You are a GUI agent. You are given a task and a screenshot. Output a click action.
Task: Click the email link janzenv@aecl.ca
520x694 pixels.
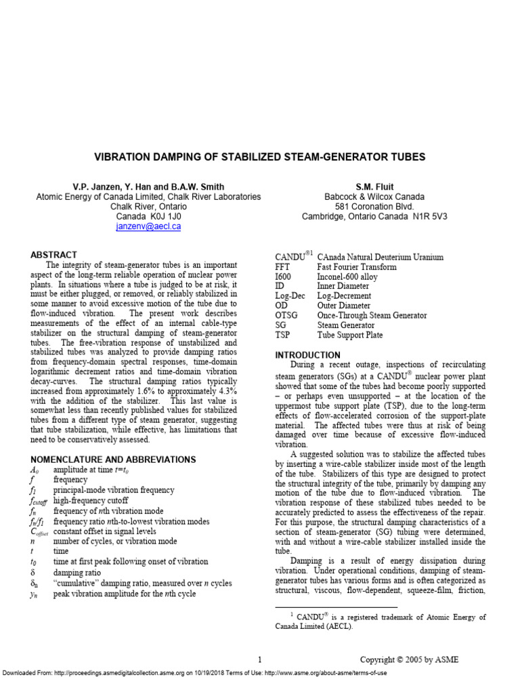148,227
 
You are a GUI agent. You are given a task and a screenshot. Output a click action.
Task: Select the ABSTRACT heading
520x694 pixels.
53,255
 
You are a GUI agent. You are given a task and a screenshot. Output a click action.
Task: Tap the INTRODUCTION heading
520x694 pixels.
307,355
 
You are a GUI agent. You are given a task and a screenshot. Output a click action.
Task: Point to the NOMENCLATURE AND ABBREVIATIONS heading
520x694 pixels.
113,460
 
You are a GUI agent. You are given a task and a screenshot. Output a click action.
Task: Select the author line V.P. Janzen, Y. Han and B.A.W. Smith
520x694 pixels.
148,186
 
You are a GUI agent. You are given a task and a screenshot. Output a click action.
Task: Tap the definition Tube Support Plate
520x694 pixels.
349,335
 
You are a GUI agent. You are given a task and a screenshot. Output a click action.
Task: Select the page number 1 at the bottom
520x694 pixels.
259,659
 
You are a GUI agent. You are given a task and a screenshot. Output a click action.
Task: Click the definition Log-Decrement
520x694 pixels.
344,296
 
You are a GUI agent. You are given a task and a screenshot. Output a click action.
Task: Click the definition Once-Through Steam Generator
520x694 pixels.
372,316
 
